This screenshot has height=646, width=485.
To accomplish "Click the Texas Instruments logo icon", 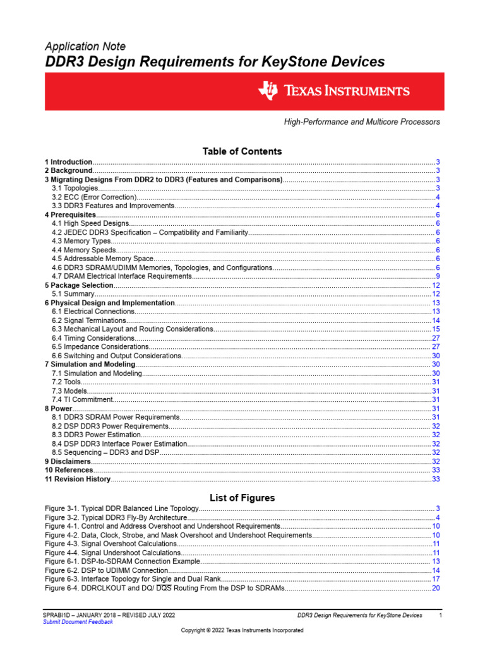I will pos(268,91).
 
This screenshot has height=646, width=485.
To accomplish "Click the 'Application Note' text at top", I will pos(85,47).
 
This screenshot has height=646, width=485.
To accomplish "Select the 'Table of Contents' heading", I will pos(242,151).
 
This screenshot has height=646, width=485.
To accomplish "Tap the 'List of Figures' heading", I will pos(242,498).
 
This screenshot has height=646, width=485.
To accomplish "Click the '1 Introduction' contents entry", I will pos(69,162).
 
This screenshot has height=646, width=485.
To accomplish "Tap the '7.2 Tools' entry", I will pos(66,382).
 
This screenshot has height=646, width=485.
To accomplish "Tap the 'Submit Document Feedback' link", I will pos(78,622).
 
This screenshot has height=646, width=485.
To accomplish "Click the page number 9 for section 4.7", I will pos(437,277).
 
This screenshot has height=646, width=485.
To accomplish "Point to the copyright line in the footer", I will pos(242,630).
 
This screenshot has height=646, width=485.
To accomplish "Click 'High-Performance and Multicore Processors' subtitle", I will pos(361,122).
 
